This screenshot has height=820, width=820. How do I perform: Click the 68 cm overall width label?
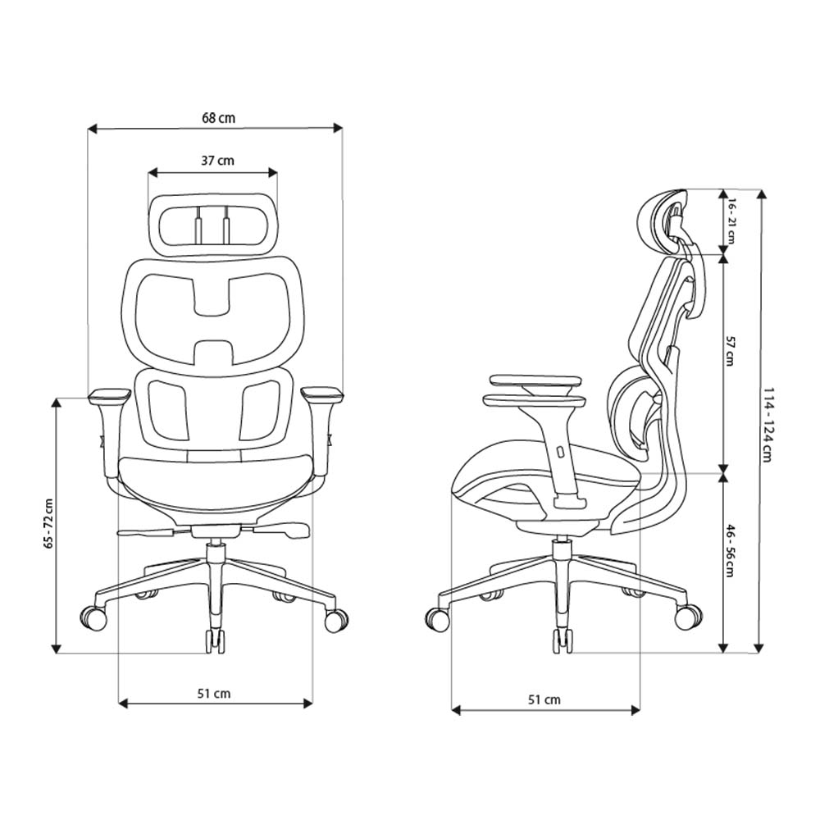pyautogui.click(x=218, y=118)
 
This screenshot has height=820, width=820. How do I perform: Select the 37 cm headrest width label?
pyautogui.click(x=217, y=161)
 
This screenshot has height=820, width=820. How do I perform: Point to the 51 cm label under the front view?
pyautogui.click(x=214, y=694)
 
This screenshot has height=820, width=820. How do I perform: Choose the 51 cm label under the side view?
pyautogui.click(x=544, y=699)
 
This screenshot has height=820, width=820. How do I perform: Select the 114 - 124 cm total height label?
pyautogui.click(x=767, y=424)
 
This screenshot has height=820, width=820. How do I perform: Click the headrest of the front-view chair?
pyautogui.click(x=212, y=222)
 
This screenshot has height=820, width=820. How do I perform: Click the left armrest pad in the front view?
pyautogui.click(x=107, y=395)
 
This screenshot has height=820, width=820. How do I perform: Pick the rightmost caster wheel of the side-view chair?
pyautogui.click(x=687, y=617)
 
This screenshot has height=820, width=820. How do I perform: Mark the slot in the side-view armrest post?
pyautogui.click(x=559, y=452)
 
